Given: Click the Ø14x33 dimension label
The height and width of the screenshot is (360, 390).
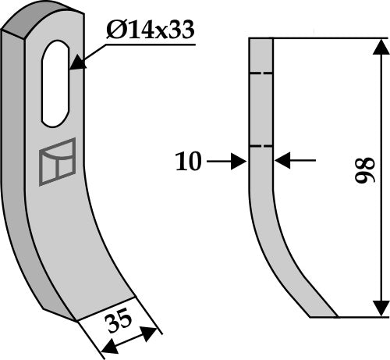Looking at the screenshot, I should tap(149, 31).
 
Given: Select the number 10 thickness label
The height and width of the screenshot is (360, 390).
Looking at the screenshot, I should tap(189, 162).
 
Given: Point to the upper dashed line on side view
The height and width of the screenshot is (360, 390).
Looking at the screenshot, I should tap(261, 74).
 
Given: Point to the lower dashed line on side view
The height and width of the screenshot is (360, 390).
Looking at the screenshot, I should tap(261, 146).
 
